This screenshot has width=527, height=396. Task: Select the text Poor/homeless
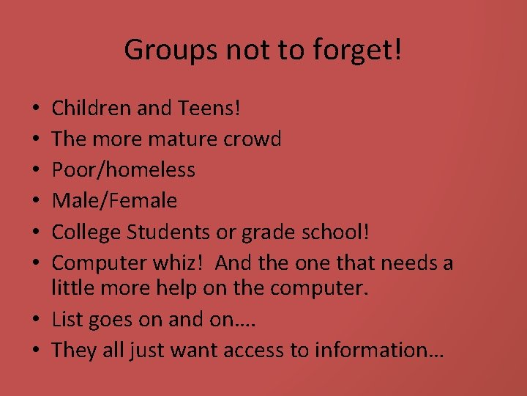124,169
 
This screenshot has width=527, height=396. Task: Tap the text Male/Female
115,199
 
